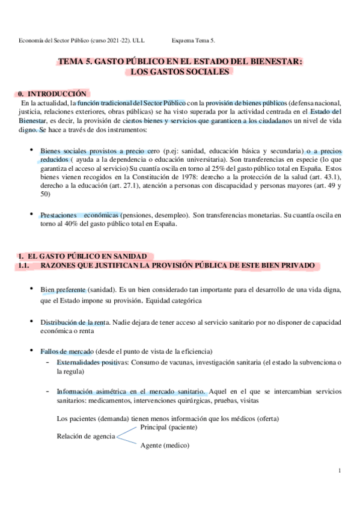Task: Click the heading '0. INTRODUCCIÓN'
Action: pos(53,94)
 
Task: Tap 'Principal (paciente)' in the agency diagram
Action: pos(170,427)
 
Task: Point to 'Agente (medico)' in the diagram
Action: pos(164,446)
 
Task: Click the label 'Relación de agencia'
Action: pos(86,436)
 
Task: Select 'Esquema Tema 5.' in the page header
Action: pos(193,40)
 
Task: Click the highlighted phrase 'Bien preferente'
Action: pos(64,290)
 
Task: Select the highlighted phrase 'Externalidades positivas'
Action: pos(92,363)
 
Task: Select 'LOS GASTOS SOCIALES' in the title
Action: pos(180,72)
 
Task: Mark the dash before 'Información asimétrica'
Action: pos(47,390)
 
